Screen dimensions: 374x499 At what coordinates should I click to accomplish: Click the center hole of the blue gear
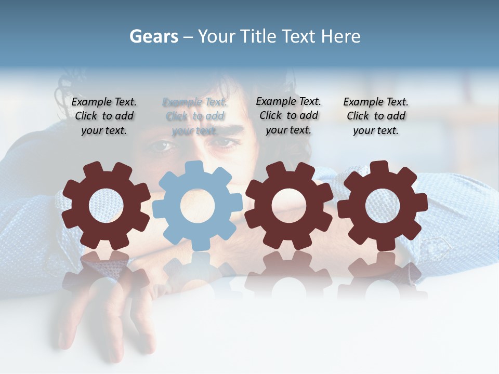pyautogui.click(x=197, y=206)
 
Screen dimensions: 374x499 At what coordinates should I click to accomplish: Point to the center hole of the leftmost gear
pyautogui.click(x=106, y=206)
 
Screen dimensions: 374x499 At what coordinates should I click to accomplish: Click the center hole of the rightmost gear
pyautogui.click(x=383, y=206)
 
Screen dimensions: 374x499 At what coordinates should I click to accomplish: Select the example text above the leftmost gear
pyautogui.click(x=104, y=116)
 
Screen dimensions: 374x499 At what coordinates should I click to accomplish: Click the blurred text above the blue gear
pyautogui.click(x=195, y=116)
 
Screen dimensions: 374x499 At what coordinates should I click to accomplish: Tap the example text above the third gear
pyautogui.click(x=288, y=115)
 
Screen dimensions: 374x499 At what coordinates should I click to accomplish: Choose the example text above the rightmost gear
pyautogui.click(x=376, y=116)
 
